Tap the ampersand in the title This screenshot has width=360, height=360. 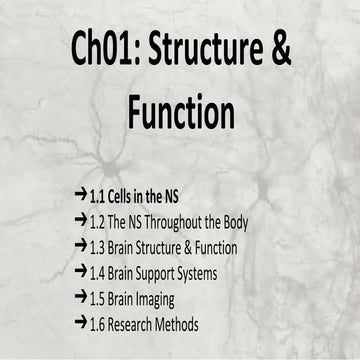pos(280,50)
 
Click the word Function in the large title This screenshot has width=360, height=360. pos(181,113)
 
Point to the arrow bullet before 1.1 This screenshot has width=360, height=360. pos(80,195)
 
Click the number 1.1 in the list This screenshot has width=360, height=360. pos(98,196)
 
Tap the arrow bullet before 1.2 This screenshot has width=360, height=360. pos(80,221)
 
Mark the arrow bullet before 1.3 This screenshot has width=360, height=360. pos(80,246)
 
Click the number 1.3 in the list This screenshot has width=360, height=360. pos(98,247)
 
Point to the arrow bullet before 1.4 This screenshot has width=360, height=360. pos(80,272)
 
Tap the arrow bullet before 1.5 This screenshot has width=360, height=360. pos(80,298)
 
